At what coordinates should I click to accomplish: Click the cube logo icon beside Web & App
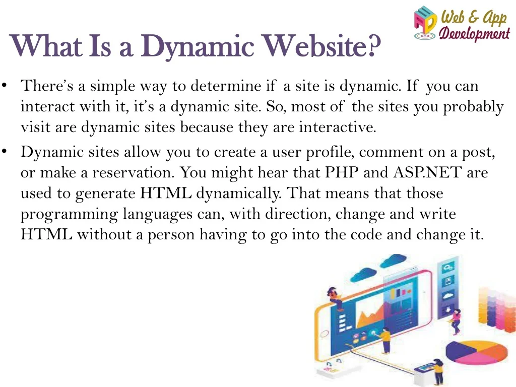[425, 23]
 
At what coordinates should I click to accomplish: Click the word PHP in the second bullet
[342, 172]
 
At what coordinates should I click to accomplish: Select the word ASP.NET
[427, 172]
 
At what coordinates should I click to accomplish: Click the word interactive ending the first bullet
[337, 127]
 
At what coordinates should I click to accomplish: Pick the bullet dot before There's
[4, 85]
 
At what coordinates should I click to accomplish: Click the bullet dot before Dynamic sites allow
[4, 151]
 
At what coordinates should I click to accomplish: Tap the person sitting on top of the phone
[335, 298]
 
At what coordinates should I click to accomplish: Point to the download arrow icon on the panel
[447, 310]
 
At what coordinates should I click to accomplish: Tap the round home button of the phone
[325, 334]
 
